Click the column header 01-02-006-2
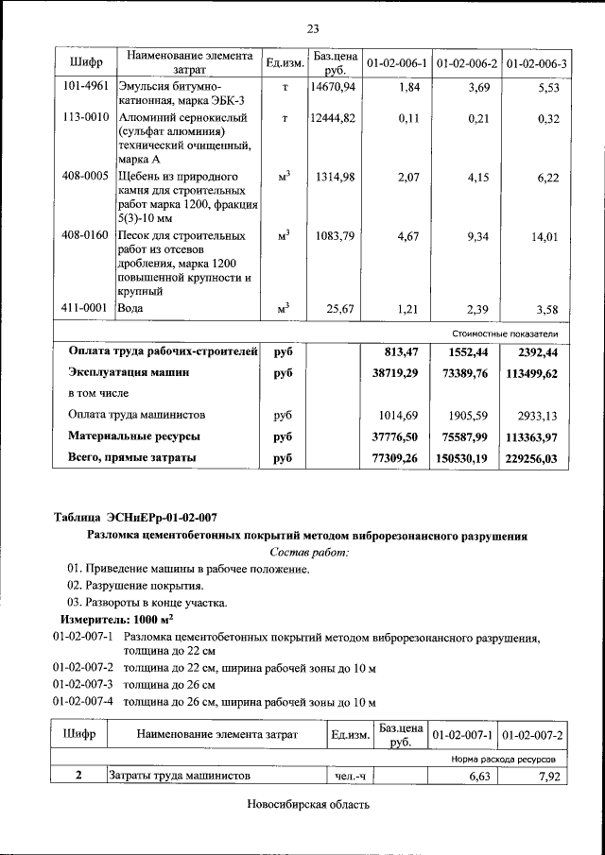pyautogui.click(x=467, y=63)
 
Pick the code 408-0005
pyautogui.click(x=85, y=177)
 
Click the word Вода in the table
pyautogui.click(x=130, y=309)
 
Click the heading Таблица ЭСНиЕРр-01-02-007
pyautogui.click(x=134, y=517)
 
